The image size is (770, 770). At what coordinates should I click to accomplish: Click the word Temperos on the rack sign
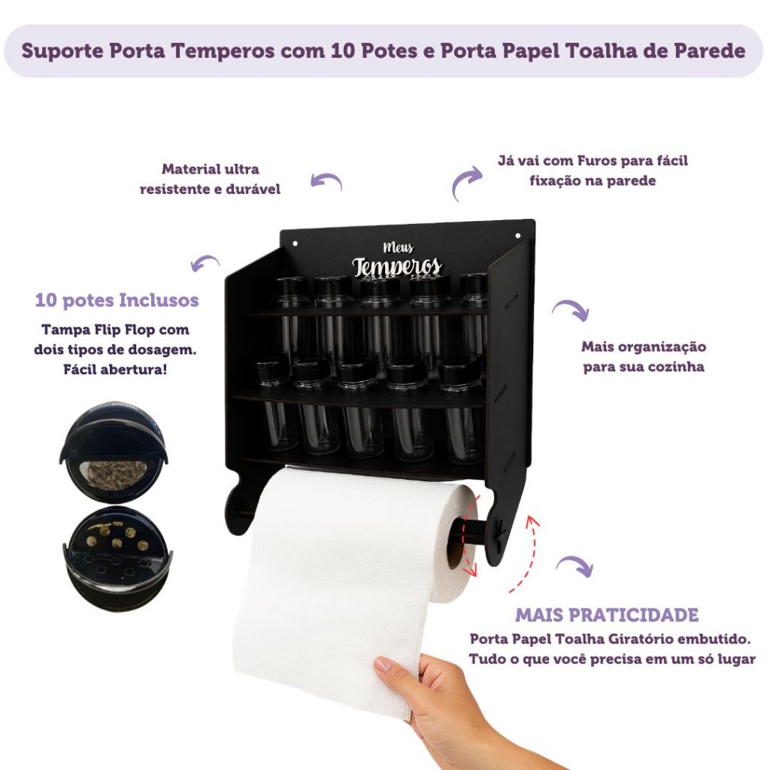(397, 267)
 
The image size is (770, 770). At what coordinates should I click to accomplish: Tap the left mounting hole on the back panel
(295, 243)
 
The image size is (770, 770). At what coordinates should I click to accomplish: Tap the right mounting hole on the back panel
(517, 236)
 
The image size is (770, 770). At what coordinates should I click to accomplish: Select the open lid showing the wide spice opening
(114, 452)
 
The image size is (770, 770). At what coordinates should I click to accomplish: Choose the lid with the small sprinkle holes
(117, 559)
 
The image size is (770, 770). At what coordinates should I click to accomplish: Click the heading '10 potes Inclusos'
(117, 300)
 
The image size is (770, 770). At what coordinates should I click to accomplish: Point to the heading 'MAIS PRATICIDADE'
(607, 615)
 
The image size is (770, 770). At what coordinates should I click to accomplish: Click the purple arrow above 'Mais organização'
(571, 308)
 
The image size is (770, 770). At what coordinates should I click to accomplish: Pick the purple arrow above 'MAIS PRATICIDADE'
(575, 565)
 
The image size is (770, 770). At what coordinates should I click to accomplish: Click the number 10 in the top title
(343, 50)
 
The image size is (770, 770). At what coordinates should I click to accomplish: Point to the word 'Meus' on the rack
(398, 247)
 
